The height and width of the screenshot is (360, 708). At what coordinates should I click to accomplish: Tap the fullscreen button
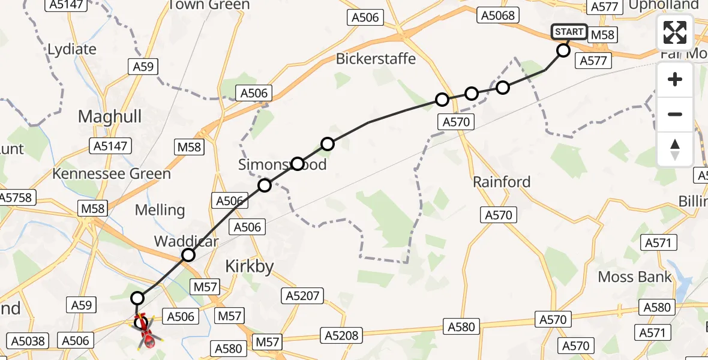[675, 32]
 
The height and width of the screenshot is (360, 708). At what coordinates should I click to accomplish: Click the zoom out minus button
[675, 114]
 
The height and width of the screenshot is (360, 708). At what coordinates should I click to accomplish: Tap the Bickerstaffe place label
[376, 59]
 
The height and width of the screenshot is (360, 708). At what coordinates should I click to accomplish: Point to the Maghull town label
[110, 116]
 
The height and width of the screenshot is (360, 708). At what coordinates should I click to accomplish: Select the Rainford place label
[502, 182]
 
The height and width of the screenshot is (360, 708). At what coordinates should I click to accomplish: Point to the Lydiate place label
[71, 49]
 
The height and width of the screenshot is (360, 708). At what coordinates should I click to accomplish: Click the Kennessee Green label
[112, 174]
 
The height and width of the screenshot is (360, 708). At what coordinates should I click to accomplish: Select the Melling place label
[160, 209]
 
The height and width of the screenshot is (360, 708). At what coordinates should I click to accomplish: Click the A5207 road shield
[304, 295]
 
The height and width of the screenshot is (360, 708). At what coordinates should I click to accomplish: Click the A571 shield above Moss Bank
[659, 242]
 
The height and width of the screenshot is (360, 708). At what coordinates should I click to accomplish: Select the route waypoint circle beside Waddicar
[188, 255]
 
